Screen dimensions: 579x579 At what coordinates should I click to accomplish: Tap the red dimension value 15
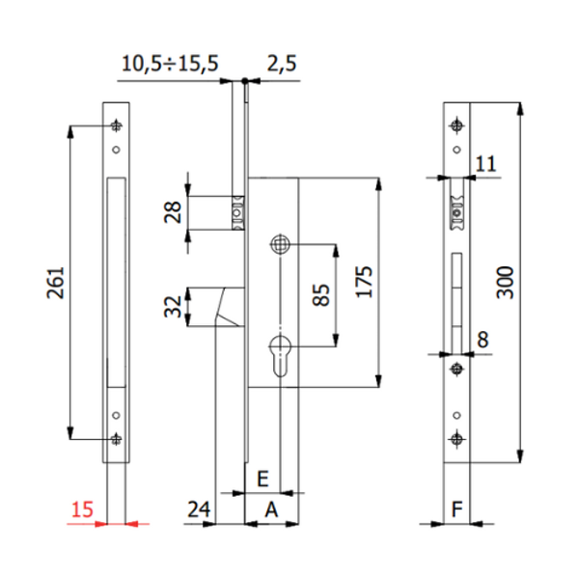pos(83,509)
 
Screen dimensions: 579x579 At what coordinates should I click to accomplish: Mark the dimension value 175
pos(363,283)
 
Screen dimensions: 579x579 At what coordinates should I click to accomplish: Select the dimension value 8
pos(483,339)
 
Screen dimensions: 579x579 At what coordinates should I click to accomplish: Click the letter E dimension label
pos(261,479)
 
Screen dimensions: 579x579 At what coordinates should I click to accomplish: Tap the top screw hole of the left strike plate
pos(117,126)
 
